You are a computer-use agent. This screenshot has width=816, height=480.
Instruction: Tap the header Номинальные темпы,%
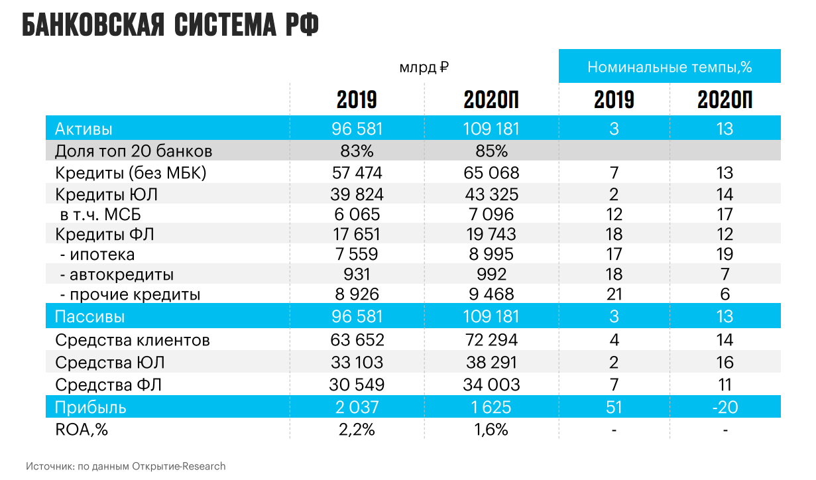point(670,67)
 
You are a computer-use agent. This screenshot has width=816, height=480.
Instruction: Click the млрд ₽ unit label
point(424,68)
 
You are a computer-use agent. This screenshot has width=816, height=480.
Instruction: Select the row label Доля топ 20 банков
point(133,151)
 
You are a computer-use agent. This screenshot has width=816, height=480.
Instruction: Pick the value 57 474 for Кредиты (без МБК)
point(357,173)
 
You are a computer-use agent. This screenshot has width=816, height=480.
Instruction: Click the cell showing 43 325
point(491,194)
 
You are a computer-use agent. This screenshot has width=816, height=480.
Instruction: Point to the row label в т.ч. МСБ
point(100,214)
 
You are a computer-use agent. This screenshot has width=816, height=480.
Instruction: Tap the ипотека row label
point(101,255)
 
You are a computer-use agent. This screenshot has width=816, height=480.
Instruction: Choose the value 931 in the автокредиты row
point(357,274)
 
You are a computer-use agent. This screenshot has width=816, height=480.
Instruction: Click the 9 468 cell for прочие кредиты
point(491,294)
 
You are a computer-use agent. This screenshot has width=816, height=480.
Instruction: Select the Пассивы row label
point(89,317)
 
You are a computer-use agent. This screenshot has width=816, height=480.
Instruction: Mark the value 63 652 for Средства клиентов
point(357,340)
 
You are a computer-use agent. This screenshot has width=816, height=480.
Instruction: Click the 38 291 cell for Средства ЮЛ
point(491,363)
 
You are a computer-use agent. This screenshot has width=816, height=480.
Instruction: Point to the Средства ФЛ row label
point(109,385)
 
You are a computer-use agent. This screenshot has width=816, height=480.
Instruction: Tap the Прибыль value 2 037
point(357,407)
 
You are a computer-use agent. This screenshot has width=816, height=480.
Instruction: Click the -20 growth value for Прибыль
point(725,407)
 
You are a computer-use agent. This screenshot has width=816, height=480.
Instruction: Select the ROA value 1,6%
point(491,430)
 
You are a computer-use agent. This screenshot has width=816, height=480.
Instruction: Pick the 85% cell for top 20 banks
point(491,151)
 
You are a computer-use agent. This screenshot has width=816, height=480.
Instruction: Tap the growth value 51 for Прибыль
point(614,407)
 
